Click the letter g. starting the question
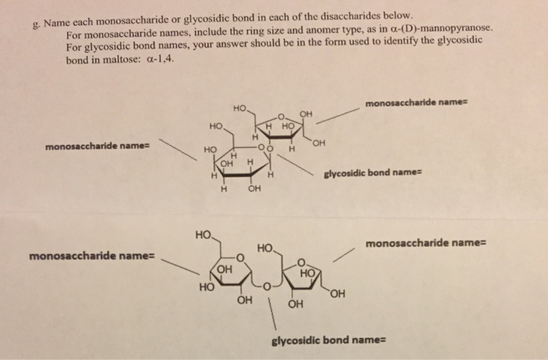point(34,23)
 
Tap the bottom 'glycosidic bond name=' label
point(329,341)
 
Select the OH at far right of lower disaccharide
point(337,295)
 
